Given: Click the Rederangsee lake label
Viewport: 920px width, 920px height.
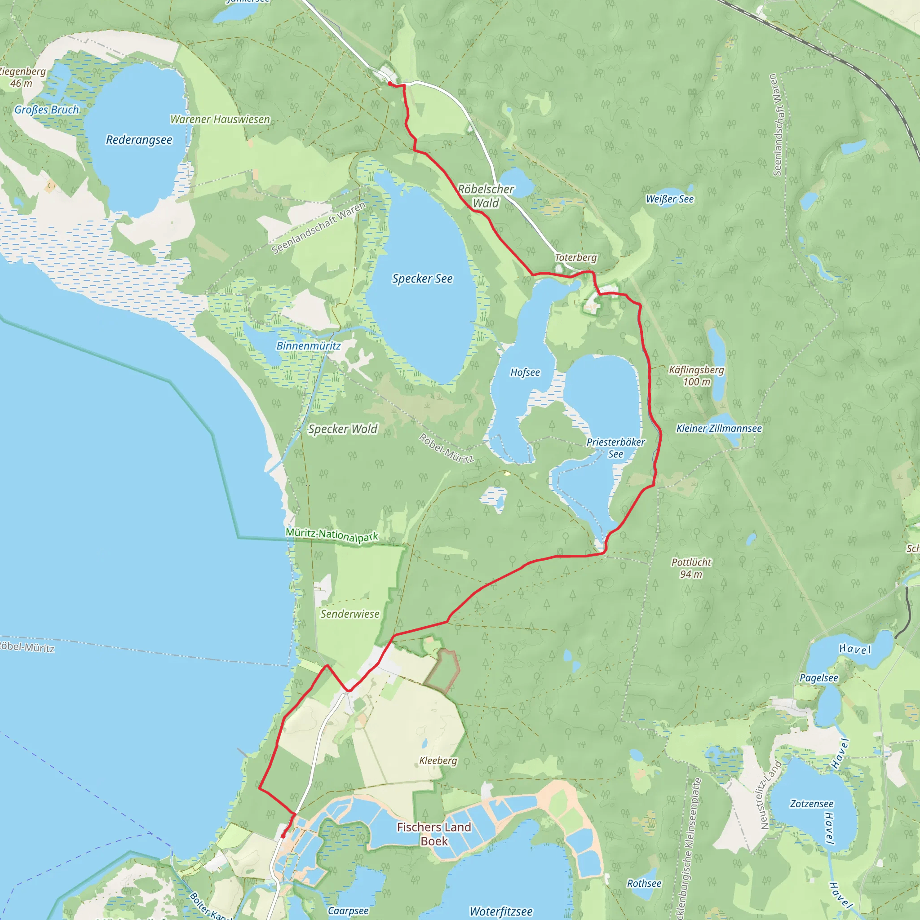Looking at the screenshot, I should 139,140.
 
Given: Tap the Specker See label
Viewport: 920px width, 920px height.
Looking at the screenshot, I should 422,279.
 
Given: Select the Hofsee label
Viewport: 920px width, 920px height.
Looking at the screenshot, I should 525,372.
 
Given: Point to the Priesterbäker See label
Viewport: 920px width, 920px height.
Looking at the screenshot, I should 616,448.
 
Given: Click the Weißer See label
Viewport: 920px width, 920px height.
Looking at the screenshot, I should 669,199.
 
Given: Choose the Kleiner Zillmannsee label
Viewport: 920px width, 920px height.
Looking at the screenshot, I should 719,429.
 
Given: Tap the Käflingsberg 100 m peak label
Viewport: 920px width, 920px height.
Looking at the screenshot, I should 696,376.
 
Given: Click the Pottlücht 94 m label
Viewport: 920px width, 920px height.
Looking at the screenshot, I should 691,568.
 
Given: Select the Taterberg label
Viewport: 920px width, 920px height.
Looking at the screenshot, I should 576,257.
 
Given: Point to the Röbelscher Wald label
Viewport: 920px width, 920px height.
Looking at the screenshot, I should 486,196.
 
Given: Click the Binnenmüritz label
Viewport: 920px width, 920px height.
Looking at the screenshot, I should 309,346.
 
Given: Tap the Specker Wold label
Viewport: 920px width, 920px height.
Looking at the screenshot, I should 343,429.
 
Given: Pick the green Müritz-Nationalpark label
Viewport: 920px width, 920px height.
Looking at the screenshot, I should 332,535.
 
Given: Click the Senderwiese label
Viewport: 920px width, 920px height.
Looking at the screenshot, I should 350,614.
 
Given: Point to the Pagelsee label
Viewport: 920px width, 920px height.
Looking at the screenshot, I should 818,677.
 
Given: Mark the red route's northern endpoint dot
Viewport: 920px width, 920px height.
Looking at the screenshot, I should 389,84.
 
